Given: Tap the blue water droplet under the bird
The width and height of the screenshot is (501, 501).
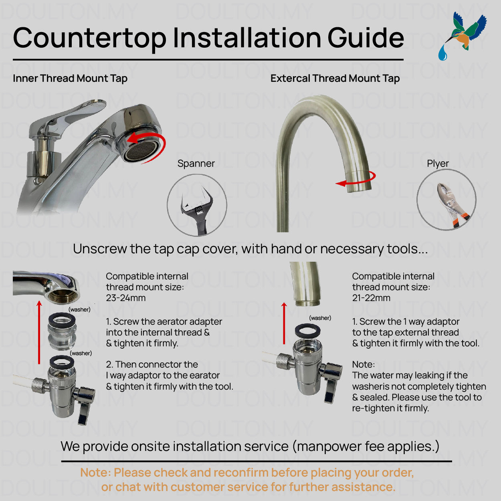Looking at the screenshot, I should [x=442, y=53].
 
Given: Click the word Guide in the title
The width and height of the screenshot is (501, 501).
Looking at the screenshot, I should [x=366, y=38].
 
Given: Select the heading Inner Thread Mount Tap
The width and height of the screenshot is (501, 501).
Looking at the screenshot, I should [x=70, y=78].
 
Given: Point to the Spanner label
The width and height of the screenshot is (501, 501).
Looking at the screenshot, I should [x=196, y=164].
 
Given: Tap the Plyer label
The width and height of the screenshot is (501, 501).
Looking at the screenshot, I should [x=438, y=164].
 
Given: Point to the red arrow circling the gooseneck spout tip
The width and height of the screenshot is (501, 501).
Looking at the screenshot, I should [x=357, y=180].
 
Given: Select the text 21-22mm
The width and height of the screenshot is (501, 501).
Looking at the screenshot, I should [x=371, y=298].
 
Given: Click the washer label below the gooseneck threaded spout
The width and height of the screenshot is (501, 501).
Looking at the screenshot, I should [x=320, y=318].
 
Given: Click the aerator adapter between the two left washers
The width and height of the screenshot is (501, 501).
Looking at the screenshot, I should [x=62, y=335].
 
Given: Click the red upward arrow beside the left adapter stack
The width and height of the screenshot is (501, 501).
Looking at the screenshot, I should [x=39, y=333].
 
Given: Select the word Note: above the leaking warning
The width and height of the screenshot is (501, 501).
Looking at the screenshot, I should [x=363, y=364].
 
